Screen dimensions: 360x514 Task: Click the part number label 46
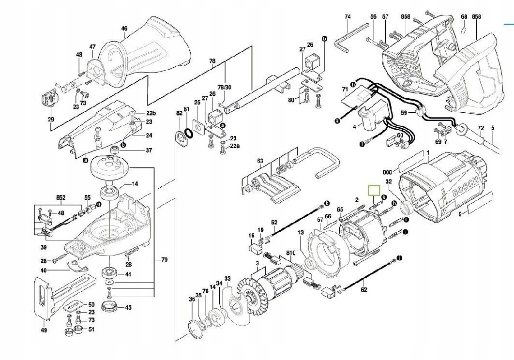(124, 29)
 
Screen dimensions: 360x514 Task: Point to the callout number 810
(290, 253)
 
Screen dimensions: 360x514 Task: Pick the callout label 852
(60, 197)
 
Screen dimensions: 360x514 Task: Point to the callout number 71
(345, 90)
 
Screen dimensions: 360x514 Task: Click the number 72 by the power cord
(481, 128)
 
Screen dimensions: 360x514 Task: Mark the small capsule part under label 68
(463, 30)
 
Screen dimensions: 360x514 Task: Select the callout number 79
(164, 260)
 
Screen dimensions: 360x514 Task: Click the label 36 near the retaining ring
(192, 300)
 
